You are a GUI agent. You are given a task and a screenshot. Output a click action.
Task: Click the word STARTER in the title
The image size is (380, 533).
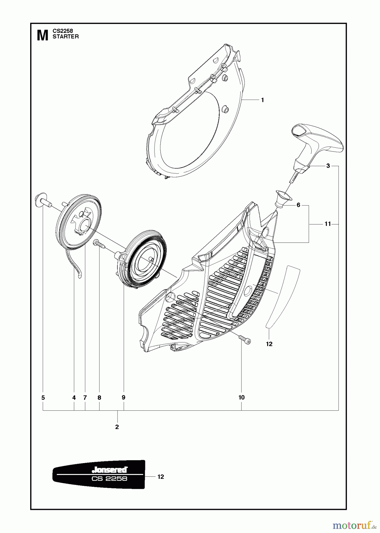tap(65, 37)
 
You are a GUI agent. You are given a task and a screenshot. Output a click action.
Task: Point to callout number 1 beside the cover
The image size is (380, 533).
tap(262, 100)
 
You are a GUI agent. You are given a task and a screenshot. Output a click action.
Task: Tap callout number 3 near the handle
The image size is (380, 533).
tap(328, 166)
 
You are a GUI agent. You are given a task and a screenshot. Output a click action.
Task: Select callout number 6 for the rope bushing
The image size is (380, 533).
tap(298, 205)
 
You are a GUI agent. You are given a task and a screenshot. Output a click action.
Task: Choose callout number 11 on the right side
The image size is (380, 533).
tap(327, 224)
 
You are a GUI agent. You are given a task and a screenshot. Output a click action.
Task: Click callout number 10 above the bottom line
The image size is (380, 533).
tap(241, 397)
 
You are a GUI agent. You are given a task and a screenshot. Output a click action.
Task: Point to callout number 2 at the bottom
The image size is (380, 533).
tap(117, 427)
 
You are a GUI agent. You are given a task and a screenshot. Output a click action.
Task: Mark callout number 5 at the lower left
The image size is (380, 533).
tap(43, 398)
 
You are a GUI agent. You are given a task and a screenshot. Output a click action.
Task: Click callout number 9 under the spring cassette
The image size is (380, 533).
tap(123, 397)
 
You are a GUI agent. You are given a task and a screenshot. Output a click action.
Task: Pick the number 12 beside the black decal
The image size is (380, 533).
tap(160, 477)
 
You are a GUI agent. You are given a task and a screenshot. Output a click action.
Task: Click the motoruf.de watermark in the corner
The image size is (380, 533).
tap(352, 526)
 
